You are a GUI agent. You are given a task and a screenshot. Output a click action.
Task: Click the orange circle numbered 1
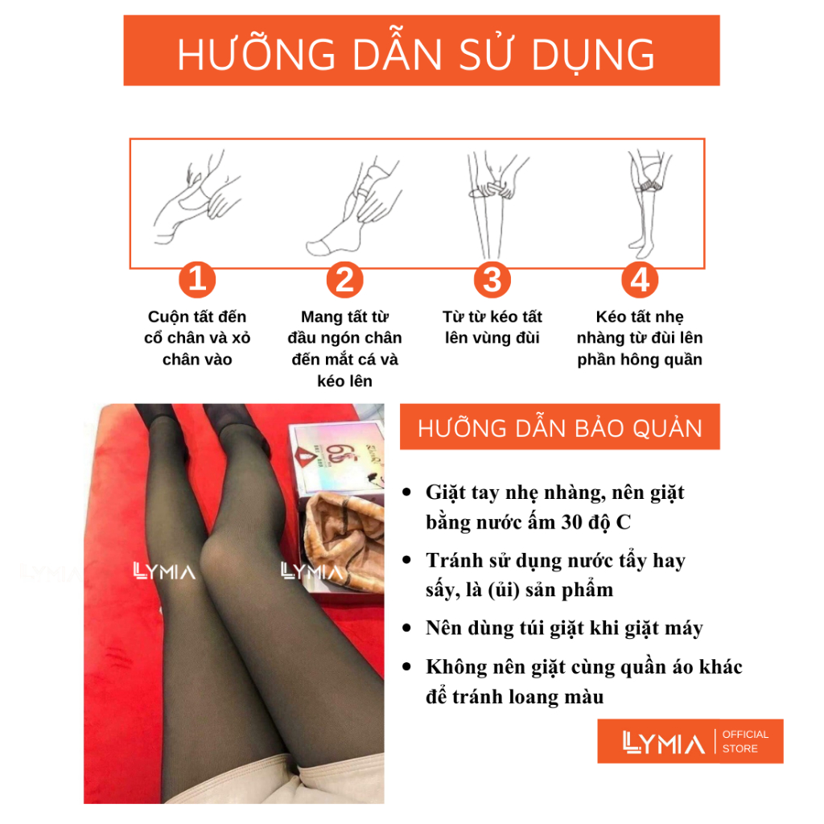tap(197, 279)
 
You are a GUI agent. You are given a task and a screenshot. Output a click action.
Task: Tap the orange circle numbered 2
tap(344, 279)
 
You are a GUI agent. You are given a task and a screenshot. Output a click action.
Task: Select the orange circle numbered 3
tap(492, 279)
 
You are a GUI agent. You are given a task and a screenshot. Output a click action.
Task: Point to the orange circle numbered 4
tap(640, 279)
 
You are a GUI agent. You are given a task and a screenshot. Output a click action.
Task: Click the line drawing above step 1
tap(197, 198)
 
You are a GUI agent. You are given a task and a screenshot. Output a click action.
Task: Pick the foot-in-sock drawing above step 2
tap(353, 207)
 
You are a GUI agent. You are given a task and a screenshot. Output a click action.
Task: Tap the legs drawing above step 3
tap(496, 205)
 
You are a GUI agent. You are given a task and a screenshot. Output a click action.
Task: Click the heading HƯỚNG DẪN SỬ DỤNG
tap(416, 55)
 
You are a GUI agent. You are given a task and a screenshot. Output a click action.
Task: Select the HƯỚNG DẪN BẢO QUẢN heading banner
tap(560, 426)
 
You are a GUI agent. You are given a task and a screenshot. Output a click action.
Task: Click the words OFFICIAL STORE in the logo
tap(745, 741)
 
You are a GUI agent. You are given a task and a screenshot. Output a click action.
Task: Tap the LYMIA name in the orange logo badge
tap(663, 742)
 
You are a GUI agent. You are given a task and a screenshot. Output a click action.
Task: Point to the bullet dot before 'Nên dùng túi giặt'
tap(406, 628)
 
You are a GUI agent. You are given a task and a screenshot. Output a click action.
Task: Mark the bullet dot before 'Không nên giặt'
tap(406, 667)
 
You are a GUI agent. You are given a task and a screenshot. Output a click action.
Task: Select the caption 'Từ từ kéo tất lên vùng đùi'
tap(492, 327)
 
